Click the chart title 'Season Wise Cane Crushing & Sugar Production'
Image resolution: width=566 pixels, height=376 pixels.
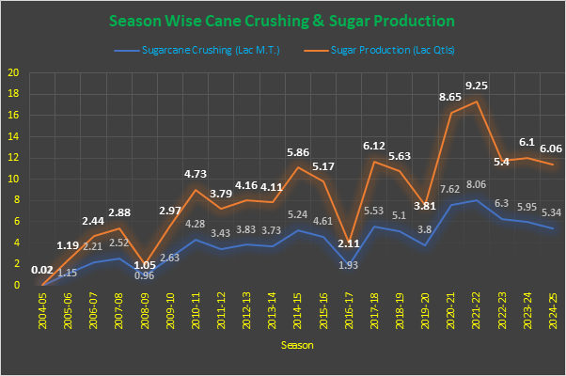click(282, 20)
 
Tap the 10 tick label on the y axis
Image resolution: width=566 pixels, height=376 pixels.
click(12, 179)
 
